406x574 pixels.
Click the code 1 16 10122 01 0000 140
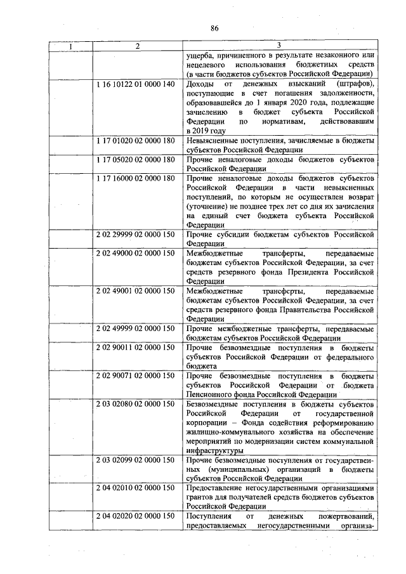click(136, 84)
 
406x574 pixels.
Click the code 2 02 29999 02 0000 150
click(136, 234)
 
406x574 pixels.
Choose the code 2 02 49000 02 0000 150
click(136, 254)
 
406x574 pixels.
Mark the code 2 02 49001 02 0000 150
click(136, 290)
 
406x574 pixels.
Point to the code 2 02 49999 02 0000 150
click(136, 328)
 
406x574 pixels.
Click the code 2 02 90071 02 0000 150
click(136, 375)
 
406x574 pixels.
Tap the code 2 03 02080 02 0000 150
click(136, 403)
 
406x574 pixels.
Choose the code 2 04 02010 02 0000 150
click(136, 488)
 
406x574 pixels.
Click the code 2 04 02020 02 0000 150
click(136, 516)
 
